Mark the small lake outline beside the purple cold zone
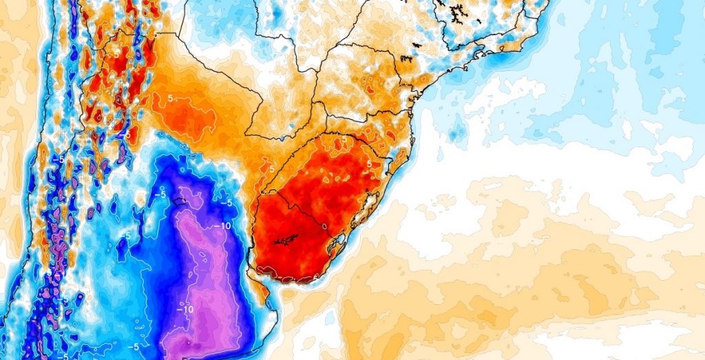tap(181, 201)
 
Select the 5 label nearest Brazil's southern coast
tap(369, 164)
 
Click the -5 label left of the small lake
tap(160, 194)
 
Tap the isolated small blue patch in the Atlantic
tap(456, 128)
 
